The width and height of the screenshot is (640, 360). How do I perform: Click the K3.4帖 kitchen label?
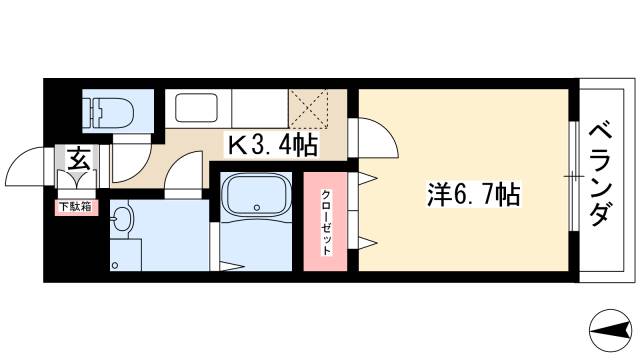(272, 146)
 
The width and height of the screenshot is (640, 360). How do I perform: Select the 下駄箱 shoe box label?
(76, 207)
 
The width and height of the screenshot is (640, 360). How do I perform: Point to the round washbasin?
(122, 218)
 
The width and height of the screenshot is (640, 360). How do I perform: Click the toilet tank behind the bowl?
(91, 112)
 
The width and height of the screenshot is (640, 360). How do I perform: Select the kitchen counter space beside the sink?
(259, 106)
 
